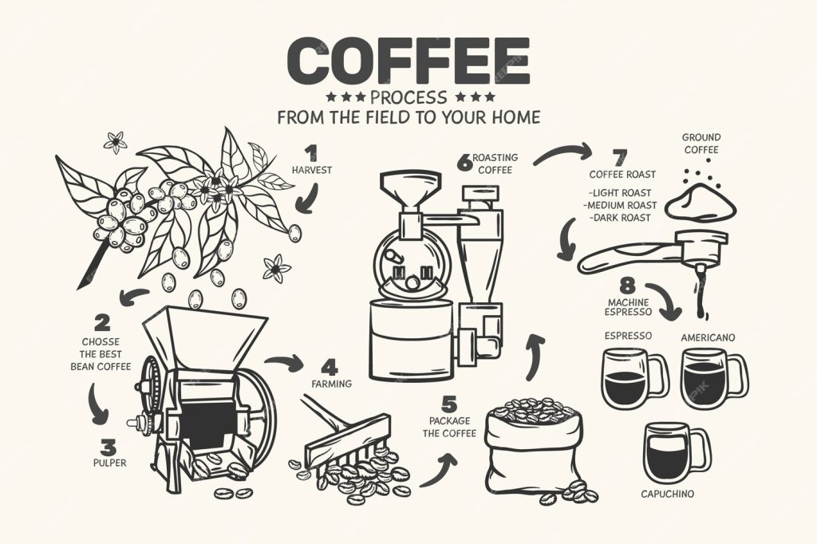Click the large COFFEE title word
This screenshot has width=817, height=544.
pos(408,61)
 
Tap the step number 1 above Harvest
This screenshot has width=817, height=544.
pos(310,154)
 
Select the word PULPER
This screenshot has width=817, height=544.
pos(109,462)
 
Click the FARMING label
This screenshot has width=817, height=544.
pos(331,384)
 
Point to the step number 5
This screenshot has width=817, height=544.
pos(449,404)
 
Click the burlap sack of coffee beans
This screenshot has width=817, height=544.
pos(534,448)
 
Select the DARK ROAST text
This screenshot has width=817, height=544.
pos(620,217)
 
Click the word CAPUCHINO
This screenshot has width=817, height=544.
pos(668,494)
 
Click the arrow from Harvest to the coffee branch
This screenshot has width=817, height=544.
pos(308,199)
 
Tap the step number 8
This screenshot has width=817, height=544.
pos(628,286)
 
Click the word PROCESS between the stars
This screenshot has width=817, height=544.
pos(408,97)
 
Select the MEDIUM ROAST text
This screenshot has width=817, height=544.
pos(620,205)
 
